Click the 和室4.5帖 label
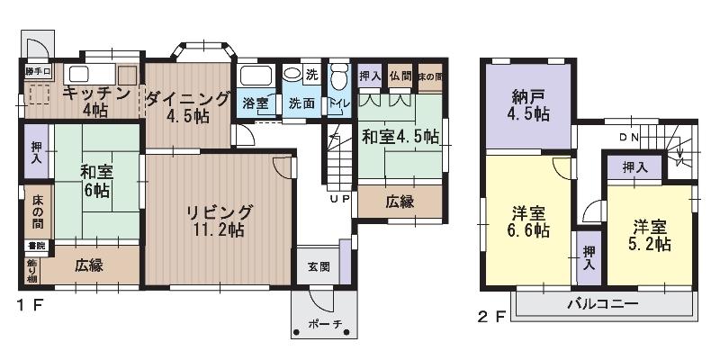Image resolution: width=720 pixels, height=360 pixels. [x=400, y=137]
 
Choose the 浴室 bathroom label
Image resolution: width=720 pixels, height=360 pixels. [x=256, y=103]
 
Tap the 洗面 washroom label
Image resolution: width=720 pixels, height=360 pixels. [x=301, y=103]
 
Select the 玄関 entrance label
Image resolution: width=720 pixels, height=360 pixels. [x=318, y=267]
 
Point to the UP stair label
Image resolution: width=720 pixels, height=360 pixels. [x=340, y=199]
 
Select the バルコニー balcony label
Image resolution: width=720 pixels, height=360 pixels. [x=602, y=304]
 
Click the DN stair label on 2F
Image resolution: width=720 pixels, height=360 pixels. [x=628, y=138]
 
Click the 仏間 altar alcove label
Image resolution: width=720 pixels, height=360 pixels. [x=400, y=76]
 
